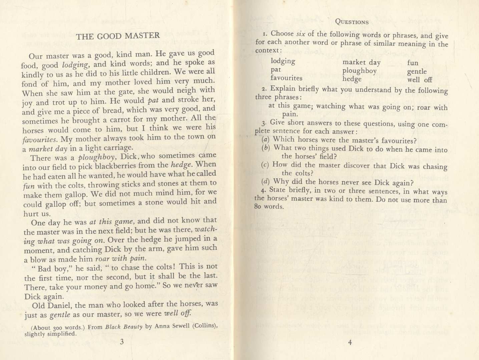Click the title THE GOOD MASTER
click(x=118, y=36)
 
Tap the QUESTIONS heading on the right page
click(x=352, y=22)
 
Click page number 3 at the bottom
click(x=122, y=341)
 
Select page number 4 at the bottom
click(x=350, y=342)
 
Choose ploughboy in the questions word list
click(x=359, y=71)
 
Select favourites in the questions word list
click(x=286, y=78)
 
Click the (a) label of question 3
click(x=266, y=140)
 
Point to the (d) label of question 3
click(x=266, y=182)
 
